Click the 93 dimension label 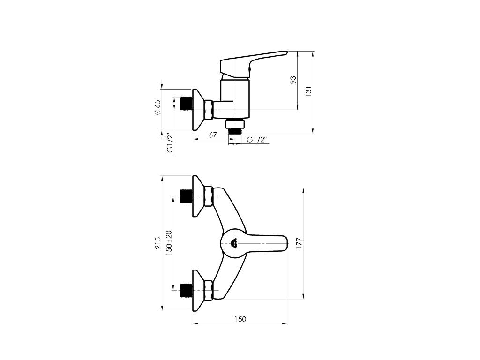(293, 80)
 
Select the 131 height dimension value (308, 91)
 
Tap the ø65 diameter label (157, 107)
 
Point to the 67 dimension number (213, 135)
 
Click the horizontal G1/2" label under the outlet (257, 140)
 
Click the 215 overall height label (157, 243)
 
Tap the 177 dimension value (299, 243)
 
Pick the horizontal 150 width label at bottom (240, 319)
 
